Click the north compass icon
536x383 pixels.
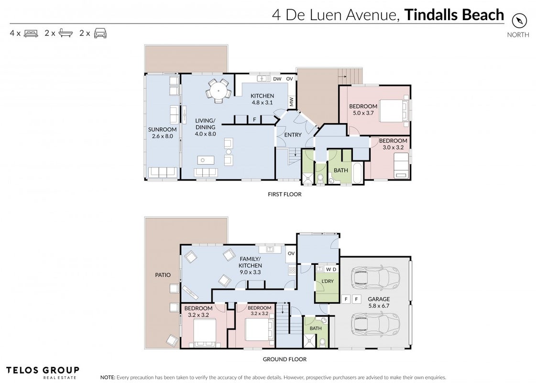[x=519, y=21]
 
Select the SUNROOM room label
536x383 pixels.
[x=163, y=129]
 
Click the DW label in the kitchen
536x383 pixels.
[x=277, y=79]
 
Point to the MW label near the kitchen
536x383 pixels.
[x=291, y=102]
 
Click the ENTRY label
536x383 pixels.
[x=293, y=135]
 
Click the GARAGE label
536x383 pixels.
[x=379, y=299]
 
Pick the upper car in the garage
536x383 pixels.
[x=375, y=275]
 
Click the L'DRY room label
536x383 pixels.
[x=328, y=282]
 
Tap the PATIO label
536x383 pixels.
[x=163, y=275]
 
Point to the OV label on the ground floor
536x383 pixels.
[x=291, y=254]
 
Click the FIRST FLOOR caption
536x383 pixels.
[x=285, y=194]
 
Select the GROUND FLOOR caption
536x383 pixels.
[x=285, y=360]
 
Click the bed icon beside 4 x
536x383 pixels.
[x=31, y=33]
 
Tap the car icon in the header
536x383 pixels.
[x=100, y=33]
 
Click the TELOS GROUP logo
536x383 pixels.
[x=43, y=372]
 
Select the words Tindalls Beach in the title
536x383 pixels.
[x=454, y=15]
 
